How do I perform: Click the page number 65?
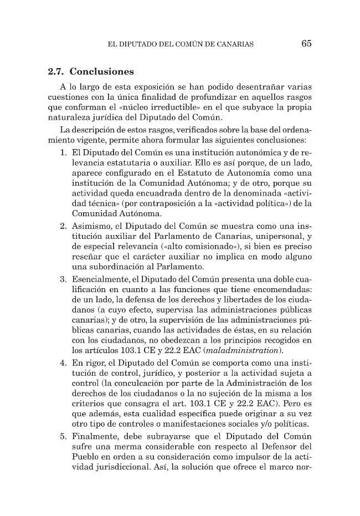[306, 44]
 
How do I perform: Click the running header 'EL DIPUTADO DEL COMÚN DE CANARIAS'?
[182, 44]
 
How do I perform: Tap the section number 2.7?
[56, 72]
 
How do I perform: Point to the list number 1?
[64, 152]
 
